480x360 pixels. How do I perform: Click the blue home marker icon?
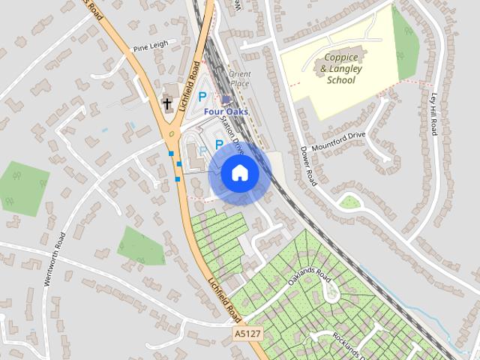[x=239, y=173]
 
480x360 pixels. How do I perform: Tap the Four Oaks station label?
[x=226, y=112]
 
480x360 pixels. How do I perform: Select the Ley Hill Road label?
[x=433, y=115]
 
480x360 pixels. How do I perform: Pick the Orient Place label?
[x=240, y=79]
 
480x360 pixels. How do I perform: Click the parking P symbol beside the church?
[x=202, y=96]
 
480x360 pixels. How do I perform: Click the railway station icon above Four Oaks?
[x=226, y=100]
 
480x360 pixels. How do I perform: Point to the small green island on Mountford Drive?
[x=349, y=201]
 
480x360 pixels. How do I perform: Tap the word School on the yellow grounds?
[x=340, y=79]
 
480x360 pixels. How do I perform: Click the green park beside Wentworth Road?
[x=23, y=187]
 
